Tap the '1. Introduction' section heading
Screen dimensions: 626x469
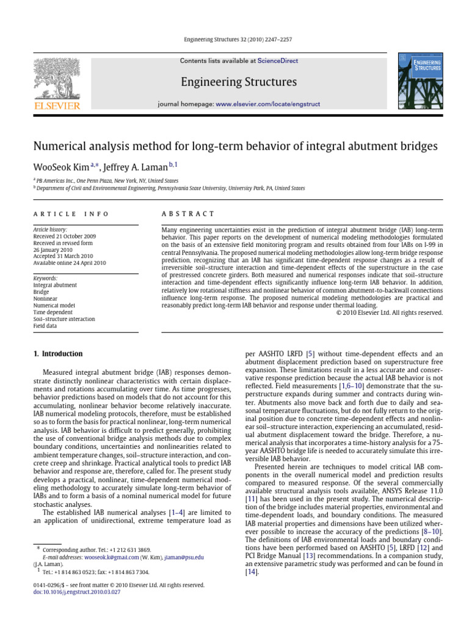click(x=57, y=353)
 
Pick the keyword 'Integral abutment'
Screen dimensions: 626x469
click(x=55, y=285)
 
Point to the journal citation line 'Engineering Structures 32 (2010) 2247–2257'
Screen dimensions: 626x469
click(x=234, y=39)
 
